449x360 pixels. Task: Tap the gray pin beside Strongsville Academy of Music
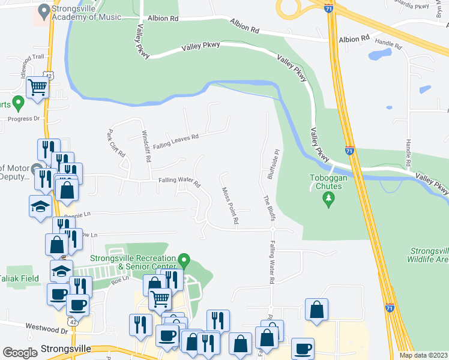point(43,11)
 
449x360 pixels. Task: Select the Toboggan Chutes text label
point(326,182)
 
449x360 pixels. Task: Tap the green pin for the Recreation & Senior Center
point(185,262)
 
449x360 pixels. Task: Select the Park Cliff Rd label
point(115,144)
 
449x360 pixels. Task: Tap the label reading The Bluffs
point(268,208)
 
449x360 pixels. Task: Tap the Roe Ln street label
point(121,278)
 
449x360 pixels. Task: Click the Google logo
point(20,353)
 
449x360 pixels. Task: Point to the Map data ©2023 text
point(424,355)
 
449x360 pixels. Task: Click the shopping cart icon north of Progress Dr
point(38,88)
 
